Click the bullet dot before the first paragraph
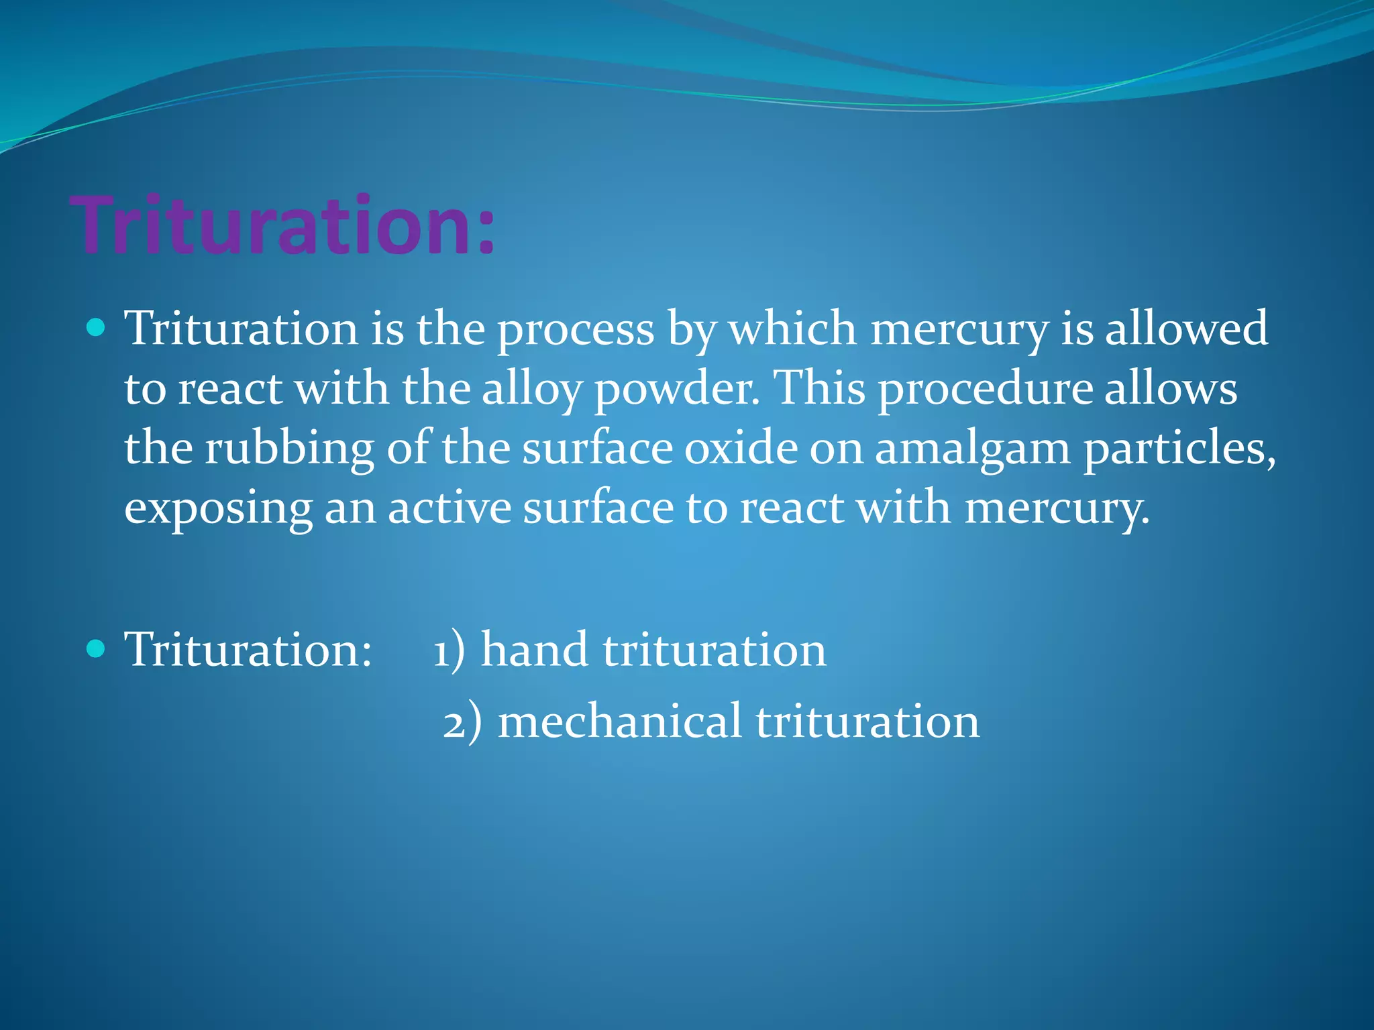tap(97, 327)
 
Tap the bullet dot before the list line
tap(97, 648)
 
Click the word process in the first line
tap(575, 330)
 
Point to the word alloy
tap(531, 390)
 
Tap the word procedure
tap(986, 390)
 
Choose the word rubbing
tap(288, 449)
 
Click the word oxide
tap(741, 448)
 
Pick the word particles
tap(1179, 449)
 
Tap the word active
tap(450, 508)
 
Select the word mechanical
tap(619, 722)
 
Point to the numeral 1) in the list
tap(448, 650)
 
